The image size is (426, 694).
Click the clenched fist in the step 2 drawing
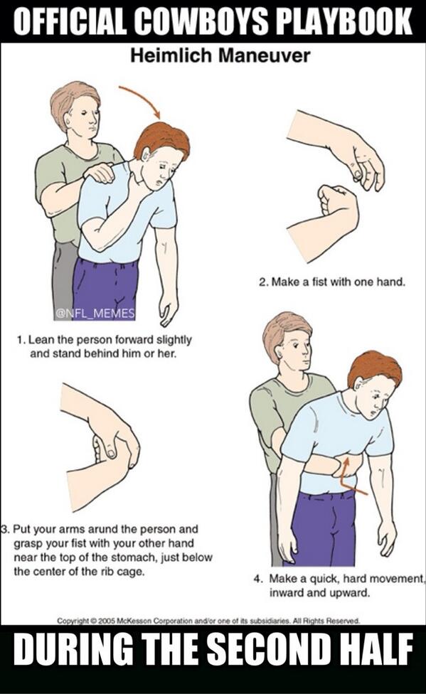[338, 202]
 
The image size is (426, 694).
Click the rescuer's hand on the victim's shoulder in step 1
[99, 171]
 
